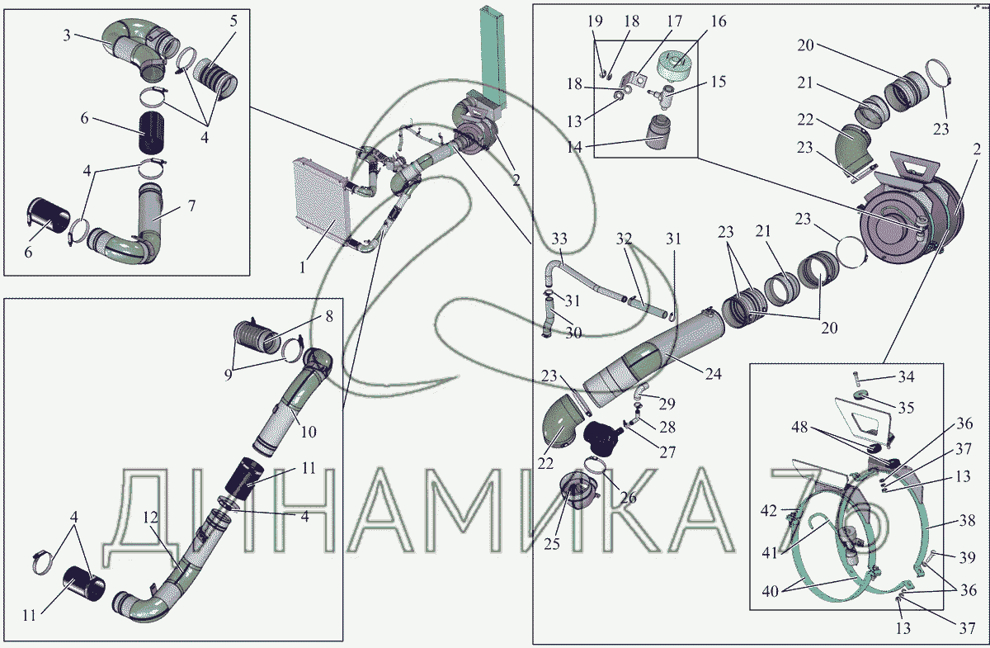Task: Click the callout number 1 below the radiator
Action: (x=302, y=267)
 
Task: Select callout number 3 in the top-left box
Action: (x=67, y=35)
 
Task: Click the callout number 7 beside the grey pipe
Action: (x=191, y=206)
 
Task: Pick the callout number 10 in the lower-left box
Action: (x=309, y=432)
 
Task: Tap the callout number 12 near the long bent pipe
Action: (x=150, y=517)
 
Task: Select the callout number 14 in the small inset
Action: (x=574, y=147)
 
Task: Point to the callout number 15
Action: (x=719, y=82)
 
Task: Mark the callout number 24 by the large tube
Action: (x=714, y=374)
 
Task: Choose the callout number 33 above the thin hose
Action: (x=559, y=239)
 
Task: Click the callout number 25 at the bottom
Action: (x=552, y=544)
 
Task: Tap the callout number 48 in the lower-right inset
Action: (x=799, y=427)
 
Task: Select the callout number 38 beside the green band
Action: (x=968, y=520)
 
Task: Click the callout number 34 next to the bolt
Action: (x=906, y=376)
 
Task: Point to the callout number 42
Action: (x=769, y=511)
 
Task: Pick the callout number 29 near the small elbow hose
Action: (x=667, y=404)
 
